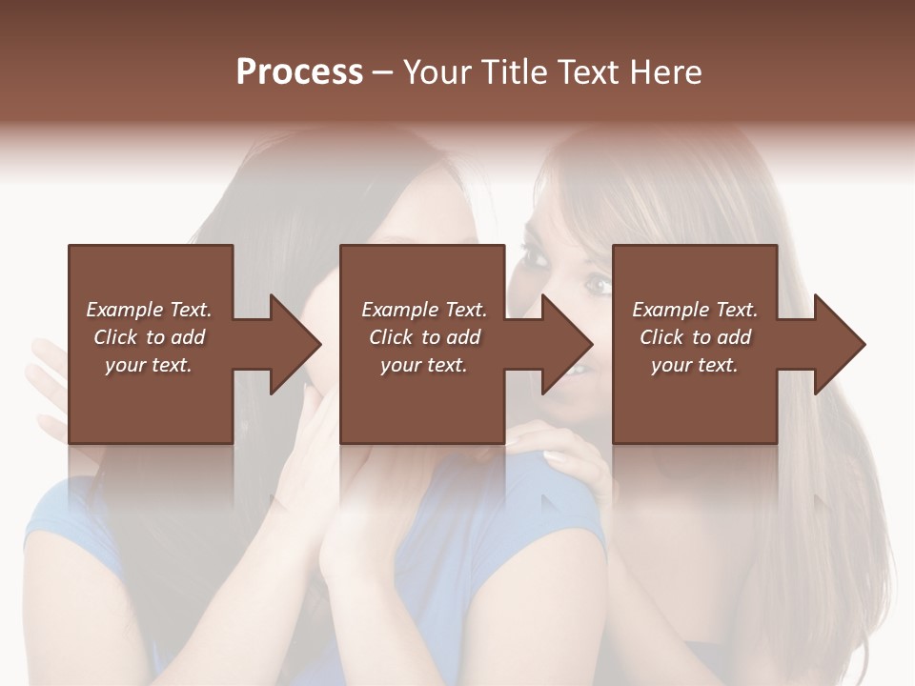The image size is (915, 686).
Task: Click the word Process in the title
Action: pos(299,71)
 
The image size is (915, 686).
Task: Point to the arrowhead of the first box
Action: pos(295,344)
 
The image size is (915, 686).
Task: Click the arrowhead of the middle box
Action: pos(568,344)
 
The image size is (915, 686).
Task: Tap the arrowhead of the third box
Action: pos(840,344)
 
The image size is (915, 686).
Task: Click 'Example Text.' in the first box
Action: pos(149,310)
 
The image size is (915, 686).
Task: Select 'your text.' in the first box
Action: pos(149,365)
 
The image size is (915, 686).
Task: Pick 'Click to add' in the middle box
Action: pos(424,337)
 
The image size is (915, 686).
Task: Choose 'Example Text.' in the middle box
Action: pos(424,310)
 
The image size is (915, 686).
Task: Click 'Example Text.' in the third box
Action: pos(695,310)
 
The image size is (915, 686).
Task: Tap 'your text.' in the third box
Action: pos(695,365)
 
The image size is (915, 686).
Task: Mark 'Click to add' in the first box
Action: pos(149,337)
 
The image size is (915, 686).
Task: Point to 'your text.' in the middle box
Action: pos(424,365)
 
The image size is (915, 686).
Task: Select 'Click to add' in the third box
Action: pos(695,337)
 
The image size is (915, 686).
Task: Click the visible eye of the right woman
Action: pos(597,283)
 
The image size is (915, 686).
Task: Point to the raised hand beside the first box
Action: pos(48,381)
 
